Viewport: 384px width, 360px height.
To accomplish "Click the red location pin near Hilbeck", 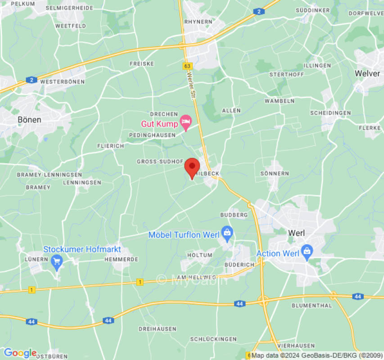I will (192, 168).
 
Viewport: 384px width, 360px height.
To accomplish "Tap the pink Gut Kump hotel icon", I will (185, 121).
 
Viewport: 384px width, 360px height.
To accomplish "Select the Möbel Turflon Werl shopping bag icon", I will (227, 232).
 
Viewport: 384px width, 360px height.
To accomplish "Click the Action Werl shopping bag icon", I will (307, 250).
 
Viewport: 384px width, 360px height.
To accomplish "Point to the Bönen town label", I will (29, 120).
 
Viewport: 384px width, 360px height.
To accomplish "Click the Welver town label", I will (367, 73).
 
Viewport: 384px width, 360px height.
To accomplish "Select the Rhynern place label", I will (198, 21).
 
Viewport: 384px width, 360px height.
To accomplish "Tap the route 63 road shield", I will (187, 66).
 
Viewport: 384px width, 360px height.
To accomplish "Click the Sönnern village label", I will (275, 173).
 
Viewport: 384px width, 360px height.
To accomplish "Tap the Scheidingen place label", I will (330, 113).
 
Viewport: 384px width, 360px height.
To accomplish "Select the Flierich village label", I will (110, 146).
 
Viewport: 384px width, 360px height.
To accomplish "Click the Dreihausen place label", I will (158, 329).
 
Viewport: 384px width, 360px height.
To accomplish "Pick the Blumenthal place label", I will (312, 306).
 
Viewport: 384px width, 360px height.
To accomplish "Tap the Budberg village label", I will (234, 215).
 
